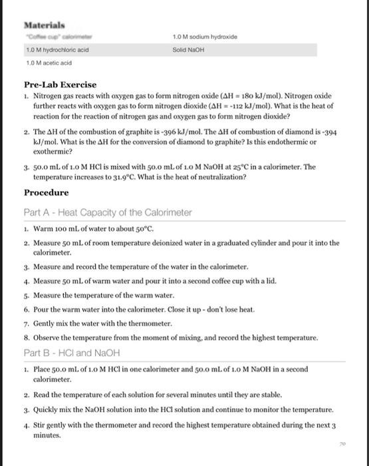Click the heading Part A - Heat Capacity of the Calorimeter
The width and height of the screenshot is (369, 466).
[108, 212]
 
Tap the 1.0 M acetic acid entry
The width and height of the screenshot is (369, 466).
[49, 63]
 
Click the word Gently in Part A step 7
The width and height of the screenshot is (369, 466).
[39, 324]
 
